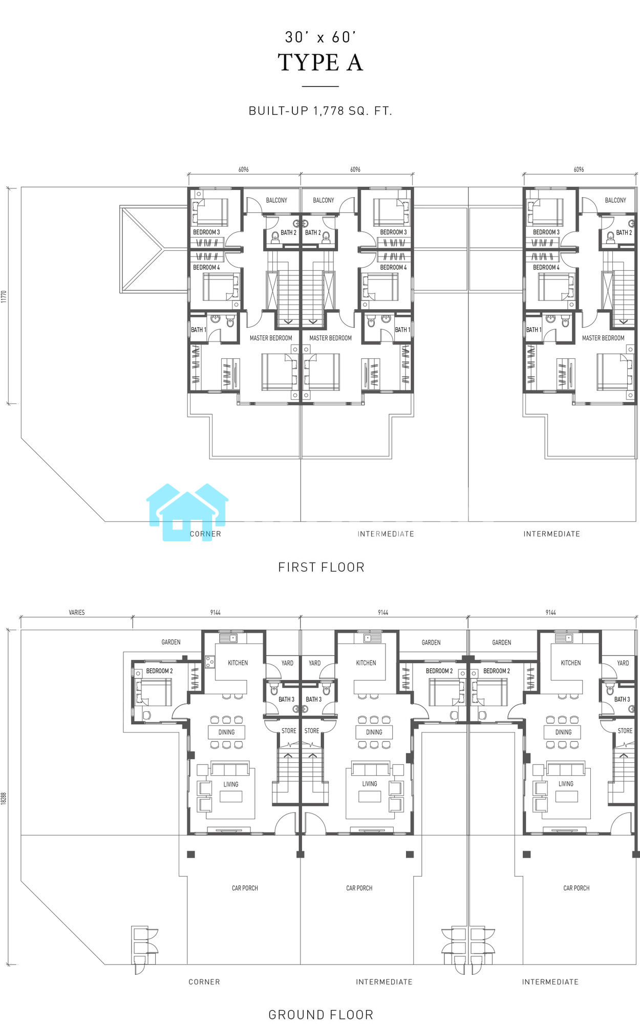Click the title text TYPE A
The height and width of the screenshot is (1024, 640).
tap(321, 62)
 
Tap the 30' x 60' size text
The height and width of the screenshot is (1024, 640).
tap(321, 37)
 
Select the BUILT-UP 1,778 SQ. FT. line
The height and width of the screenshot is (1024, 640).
tap(321, 111)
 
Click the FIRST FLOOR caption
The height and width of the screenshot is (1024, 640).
tap(321, 567)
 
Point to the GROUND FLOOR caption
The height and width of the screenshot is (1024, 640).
tap(321, 1014)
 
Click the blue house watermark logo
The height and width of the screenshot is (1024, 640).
tap(187, 512)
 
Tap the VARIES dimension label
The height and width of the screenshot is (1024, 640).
tap(77, 612)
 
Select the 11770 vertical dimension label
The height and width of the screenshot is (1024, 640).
tap(4, 296)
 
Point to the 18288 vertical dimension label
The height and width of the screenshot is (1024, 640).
tap(4, 798)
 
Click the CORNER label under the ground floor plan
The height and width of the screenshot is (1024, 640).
tap(204, 982)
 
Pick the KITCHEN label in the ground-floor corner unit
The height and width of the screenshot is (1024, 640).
tap(238, 663)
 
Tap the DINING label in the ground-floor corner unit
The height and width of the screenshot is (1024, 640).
tap(226, 732)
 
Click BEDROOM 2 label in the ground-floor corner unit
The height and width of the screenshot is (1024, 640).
tap(159, 671)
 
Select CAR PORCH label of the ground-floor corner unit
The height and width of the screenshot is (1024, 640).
tap(245, 888)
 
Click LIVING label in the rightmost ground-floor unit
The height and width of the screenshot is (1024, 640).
tap(566, 784)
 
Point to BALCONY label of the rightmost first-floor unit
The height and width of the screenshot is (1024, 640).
tap(615, 200)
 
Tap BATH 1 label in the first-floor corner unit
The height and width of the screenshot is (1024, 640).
tap(199, 330)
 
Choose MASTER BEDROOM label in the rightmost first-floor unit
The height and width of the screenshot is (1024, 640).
tap(603, 338)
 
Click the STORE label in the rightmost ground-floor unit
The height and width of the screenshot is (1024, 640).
tap(625, 731)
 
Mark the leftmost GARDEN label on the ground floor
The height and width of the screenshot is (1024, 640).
tap(171, 642)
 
